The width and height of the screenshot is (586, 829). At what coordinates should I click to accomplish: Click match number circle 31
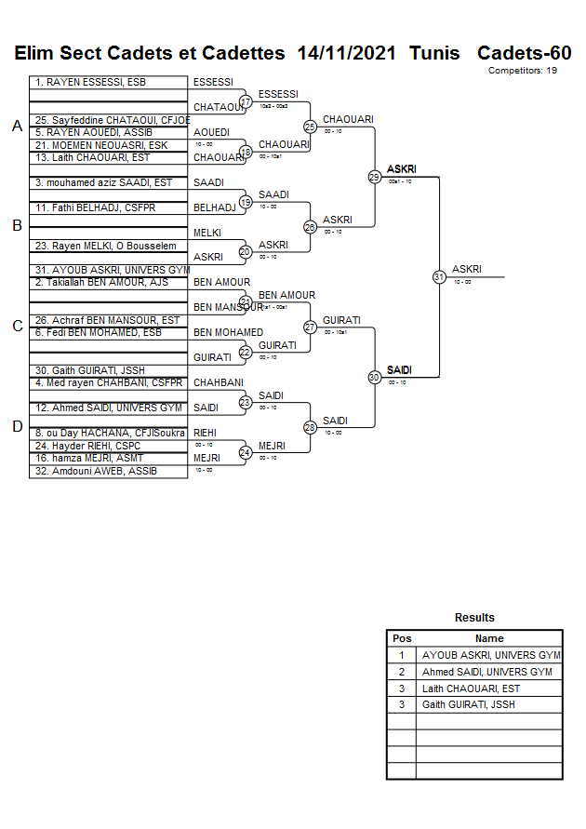(439, 276)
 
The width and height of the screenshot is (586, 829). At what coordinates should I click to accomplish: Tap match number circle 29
(374, 176)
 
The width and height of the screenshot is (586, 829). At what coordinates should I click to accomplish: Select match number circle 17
(246, 101)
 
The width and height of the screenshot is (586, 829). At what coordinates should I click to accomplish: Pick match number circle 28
(310, 427)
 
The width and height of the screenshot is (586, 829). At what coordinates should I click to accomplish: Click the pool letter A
(17, 126)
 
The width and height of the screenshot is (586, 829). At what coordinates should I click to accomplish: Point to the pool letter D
(17, 426)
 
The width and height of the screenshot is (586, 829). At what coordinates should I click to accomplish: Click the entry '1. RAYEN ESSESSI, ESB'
(79, 83)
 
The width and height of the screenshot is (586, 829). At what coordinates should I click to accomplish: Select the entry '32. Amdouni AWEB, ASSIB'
(86, 471)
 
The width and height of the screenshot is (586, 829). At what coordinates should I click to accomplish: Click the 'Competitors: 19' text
(522, 71)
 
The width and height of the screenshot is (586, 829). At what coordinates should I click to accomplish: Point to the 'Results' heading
(474, 618)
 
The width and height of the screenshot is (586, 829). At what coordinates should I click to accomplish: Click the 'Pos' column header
(402, 638)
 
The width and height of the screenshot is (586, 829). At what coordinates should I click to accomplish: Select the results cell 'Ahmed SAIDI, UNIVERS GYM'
(486, 672)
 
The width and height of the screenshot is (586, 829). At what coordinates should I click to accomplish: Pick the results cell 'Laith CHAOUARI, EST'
(471, 689)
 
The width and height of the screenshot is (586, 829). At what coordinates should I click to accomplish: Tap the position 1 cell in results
(402, 655)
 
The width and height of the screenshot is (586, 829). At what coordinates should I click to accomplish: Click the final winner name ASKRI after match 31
(466, 269)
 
